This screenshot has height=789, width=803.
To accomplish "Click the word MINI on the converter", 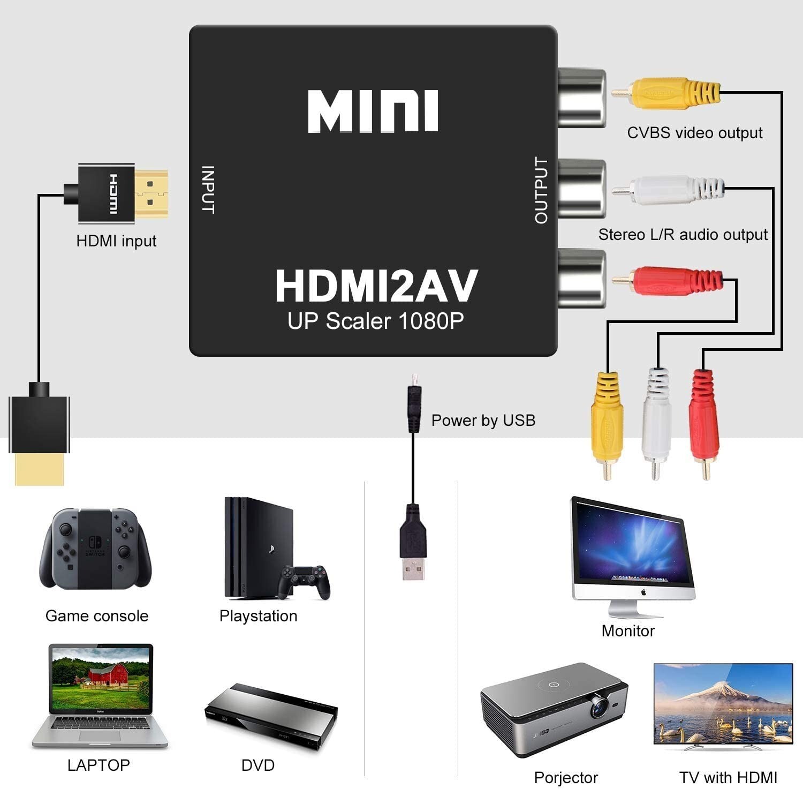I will [x=373, y=111].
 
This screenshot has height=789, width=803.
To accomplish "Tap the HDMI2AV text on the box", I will [x=376, y=287].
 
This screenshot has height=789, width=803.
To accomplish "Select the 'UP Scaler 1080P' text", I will [x=375, y=321].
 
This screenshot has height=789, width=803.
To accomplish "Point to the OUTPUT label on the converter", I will [x=541, y=190].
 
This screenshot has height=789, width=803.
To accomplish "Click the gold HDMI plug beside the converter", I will [x=151, y=193].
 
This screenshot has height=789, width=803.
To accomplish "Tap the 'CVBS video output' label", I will [x=694, y=133].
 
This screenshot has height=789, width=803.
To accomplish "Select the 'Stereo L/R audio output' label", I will [x=683, y=235].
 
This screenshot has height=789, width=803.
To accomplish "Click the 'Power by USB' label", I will [x=483, y=420].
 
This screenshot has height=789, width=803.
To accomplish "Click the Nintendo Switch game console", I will [x=95, y=548].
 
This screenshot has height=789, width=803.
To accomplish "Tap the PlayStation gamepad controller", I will [x=304, y=581].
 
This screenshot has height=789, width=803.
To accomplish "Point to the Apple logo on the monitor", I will [x=643, y=592].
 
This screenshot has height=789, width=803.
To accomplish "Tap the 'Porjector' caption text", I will [x=566, y=777].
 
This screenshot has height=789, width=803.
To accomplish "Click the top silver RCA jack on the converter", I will [x=581, y=97].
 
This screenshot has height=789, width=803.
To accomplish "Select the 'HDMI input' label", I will [x=116, y=241].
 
